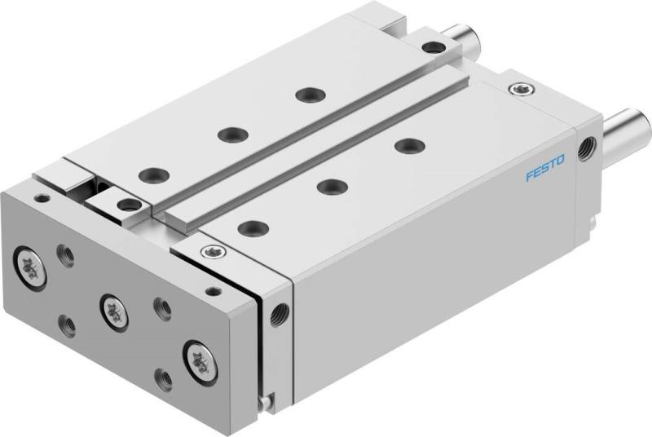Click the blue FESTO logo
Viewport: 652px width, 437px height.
[545, 173]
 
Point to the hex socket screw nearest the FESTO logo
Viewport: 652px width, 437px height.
[518, 88]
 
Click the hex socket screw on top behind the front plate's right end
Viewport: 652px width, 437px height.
[214, 251]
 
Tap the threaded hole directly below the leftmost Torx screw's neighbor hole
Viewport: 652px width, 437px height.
[69, 326]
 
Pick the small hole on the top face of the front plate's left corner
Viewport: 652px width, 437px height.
[41, 197]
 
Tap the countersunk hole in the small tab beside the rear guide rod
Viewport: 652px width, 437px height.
[434, 47]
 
